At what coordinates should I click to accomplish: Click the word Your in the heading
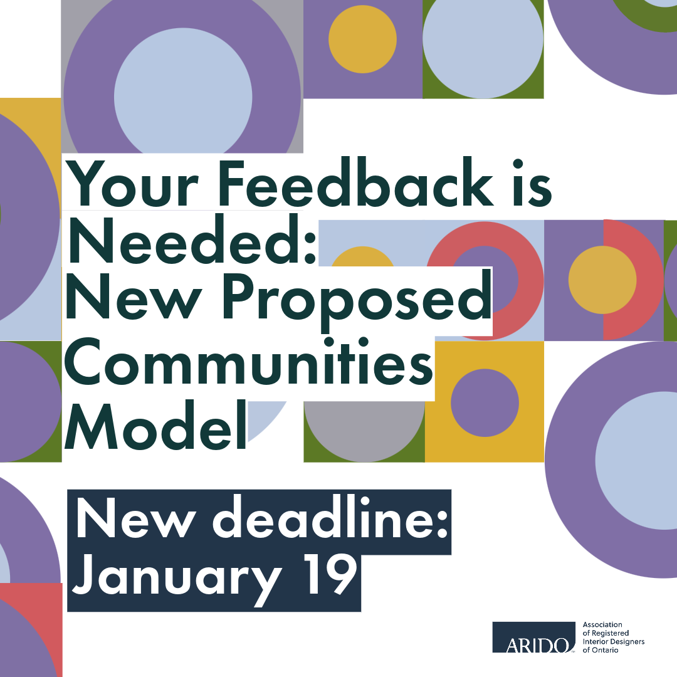click(132, 183)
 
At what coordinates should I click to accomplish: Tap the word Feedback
click(356, 182)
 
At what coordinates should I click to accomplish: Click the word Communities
click(249, 362)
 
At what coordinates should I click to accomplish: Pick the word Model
click(155, 425)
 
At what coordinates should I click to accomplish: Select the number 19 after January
click(330, 574)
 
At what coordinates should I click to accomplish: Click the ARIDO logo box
click(533, 638)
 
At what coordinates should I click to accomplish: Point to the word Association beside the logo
click(602, 624)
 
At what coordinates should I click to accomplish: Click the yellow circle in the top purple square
click(363, 39)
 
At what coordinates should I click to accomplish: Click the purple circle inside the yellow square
click(485, 403)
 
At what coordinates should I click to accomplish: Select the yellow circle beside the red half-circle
click(602, 280)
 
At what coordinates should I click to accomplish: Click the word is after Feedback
click(532, 183)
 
